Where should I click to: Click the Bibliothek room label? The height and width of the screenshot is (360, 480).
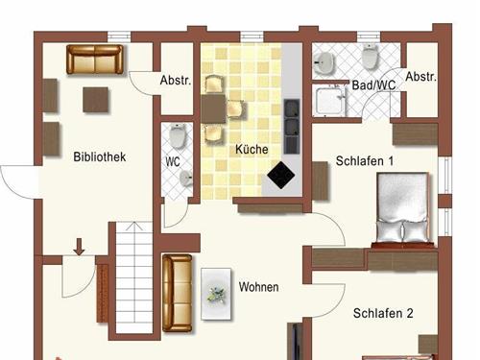pos(99,156)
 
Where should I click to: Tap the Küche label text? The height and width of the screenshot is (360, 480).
pos(252,151)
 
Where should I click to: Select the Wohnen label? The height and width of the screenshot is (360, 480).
pos(259,287)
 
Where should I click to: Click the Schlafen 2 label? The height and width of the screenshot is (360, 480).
pos(382,313)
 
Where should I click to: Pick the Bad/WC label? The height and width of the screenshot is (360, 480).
pos(374,84)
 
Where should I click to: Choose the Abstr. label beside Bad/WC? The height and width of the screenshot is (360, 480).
pos(421,76)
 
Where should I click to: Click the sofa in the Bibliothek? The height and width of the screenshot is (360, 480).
pos(96,60)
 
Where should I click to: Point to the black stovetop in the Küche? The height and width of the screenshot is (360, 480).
pos(281,175)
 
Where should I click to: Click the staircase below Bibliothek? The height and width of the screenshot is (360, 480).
pos(134,279)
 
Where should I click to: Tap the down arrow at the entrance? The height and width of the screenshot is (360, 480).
pos(79,248)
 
